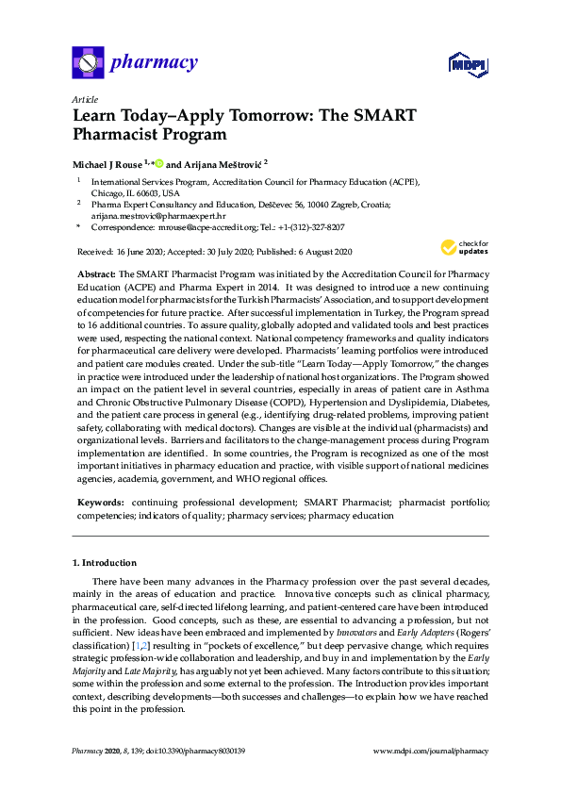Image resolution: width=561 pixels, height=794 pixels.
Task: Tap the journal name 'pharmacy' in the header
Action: (x=154, y=64)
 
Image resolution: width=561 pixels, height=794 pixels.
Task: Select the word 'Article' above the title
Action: (x=85, y=99)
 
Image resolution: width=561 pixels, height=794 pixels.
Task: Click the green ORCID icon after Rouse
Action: (x=159, y=162)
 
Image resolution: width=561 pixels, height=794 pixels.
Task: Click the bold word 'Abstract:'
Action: (x=97, y=273)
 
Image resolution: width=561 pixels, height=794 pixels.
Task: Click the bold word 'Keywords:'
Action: (x=101, y=505)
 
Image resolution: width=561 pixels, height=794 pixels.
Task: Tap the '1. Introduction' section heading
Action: (x=105, y=563)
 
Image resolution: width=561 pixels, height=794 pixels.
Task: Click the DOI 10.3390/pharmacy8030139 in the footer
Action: (x=194, y=752)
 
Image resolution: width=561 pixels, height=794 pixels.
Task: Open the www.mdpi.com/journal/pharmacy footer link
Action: (x=431, y=752)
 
